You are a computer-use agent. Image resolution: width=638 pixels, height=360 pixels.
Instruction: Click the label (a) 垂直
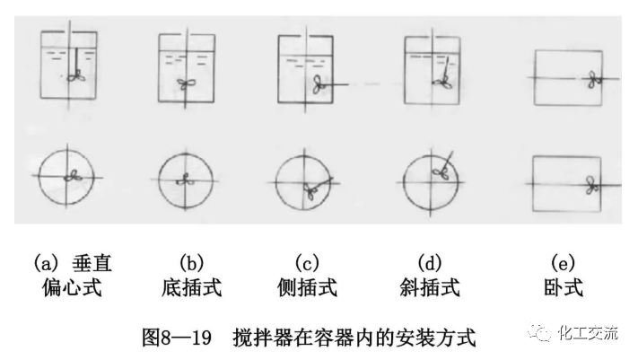[x=73, y=264]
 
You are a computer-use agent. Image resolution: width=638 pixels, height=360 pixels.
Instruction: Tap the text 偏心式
[x=73, y=288]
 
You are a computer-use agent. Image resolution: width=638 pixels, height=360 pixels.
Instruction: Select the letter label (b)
[x=191, y=264]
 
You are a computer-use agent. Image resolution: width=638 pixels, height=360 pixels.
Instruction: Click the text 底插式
[x=191, y=288]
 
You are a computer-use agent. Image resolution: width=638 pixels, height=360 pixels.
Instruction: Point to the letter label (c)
[x=308, y=264]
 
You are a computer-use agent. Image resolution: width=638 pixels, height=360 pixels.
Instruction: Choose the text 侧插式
[x=308, y=288]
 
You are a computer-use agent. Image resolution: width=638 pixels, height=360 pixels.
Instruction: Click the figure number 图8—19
[x=176, y=338]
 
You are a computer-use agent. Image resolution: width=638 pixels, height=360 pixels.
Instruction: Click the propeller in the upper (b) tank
[x=186, y=85]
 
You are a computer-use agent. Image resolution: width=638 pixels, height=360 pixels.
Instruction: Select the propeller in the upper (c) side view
[x=319, y=84]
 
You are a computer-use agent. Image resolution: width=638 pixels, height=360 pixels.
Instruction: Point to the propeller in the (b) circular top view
[x=186, y=178]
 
